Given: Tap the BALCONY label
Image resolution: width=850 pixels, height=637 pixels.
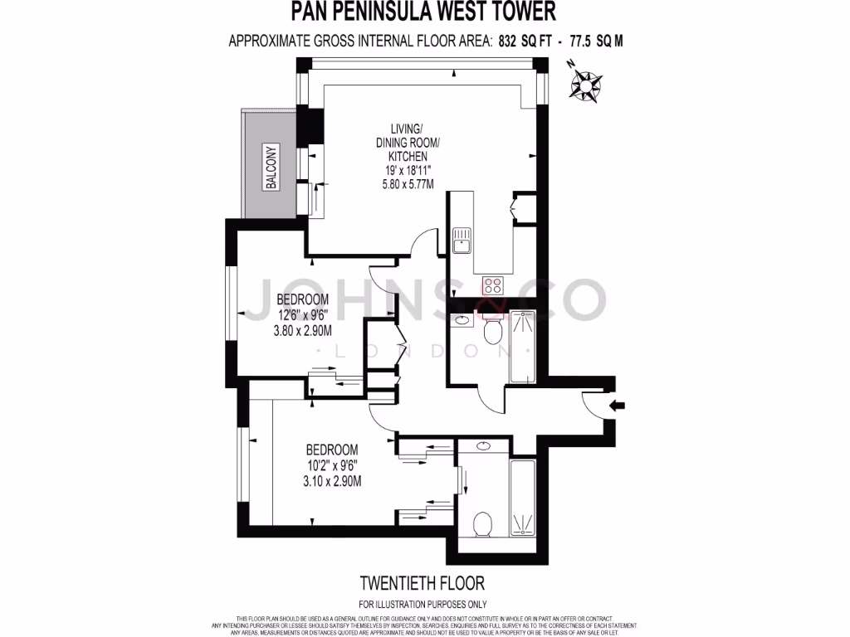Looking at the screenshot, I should (271, 168).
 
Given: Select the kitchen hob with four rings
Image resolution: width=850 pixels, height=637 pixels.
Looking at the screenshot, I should (493, 286).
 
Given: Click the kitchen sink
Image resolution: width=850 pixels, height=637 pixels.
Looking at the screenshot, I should (462, 241).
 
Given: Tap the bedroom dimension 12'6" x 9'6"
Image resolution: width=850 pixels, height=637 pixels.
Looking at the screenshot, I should (303, 314).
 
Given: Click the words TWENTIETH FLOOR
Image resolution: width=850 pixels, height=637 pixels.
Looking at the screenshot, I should (423, 583).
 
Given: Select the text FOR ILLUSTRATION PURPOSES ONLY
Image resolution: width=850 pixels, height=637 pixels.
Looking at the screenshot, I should (423, 604).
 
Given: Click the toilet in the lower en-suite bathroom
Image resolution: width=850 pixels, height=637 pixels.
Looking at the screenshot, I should (482, 524).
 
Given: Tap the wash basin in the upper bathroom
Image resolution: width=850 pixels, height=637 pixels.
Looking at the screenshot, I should (462, 319).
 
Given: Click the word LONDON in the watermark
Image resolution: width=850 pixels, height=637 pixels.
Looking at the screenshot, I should (423, 351).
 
